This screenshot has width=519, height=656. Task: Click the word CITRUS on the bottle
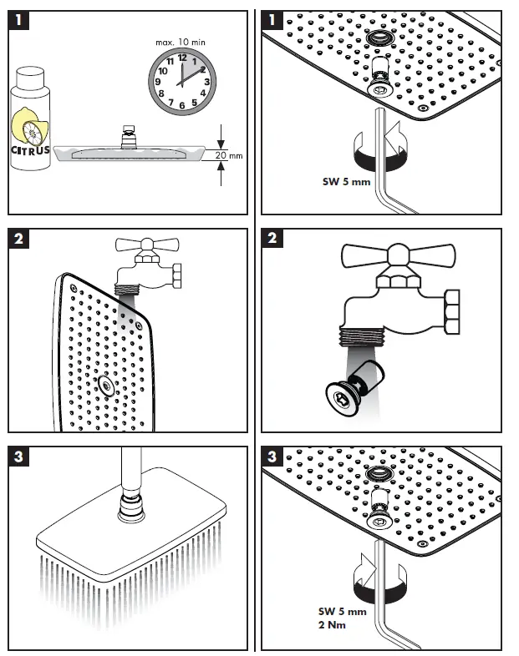pos(30,150)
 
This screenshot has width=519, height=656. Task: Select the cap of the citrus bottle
pos(31,78)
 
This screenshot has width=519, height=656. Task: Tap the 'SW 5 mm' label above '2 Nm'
pos(343,612)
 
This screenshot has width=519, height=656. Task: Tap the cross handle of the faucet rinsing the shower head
pos(145,246)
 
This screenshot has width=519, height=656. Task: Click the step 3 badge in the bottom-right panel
pos(275,458)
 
